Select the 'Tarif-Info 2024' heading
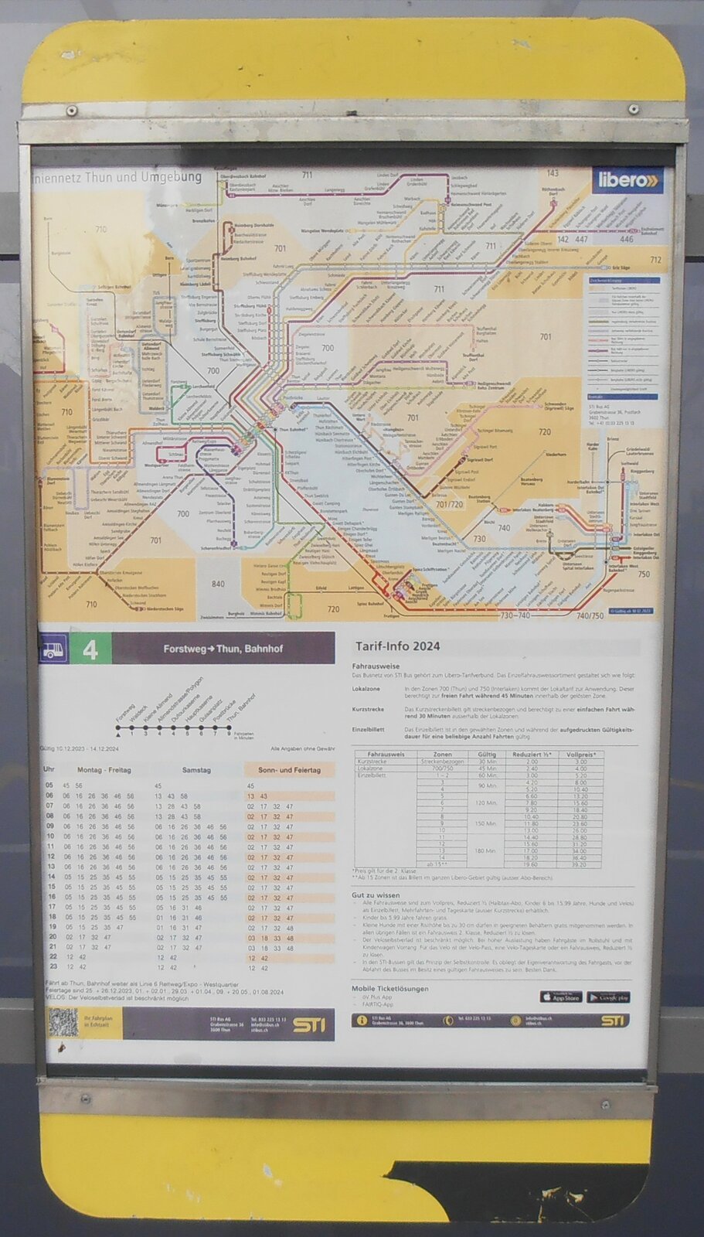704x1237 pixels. point(397,646)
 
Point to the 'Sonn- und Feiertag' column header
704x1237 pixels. point(289,770)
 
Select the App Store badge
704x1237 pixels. point(560,997)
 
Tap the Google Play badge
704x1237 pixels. point(608,997)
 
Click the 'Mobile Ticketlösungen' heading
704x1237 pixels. point(389,988)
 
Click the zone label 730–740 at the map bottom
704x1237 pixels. point(515,615)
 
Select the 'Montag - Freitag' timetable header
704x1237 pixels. point(104,770)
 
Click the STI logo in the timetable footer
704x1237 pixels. point(309,1025)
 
